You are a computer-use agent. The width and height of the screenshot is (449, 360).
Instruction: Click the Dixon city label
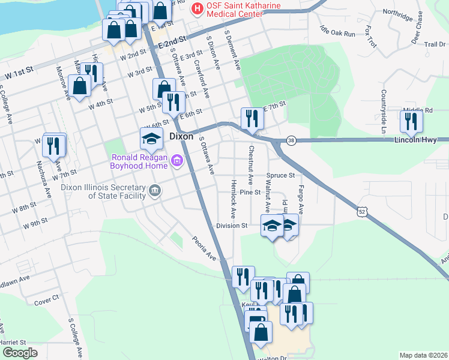[181, 136]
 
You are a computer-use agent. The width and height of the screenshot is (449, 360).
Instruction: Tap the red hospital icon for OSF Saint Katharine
[195, 9]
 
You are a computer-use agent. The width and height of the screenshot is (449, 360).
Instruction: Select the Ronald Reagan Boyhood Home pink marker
[176, 161]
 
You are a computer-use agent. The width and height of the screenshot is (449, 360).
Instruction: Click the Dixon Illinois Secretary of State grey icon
[155, 191]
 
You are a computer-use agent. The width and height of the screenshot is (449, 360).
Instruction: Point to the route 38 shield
[291, 140]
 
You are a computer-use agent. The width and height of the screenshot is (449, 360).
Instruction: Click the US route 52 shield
[361, 212]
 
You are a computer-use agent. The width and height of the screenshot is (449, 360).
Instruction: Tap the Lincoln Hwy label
[421, 140]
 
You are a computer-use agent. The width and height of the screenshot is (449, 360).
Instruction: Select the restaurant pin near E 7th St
[251, 118]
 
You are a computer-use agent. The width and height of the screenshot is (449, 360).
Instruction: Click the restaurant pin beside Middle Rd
[411, 121]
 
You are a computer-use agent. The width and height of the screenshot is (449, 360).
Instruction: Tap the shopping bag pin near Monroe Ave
[79, 85]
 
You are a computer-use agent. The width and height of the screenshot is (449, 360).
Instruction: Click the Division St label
[232, 226]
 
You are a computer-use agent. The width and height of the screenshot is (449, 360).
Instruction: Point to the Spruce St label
[285, 176]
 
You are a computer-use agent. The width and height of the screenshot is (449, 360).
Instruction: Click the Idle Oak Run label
[337, 31]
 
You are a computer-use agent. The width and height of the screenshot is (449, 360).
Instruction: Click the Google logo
[20, 353]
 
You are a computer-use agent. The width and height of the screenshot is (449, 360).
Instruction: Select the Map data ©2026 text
[423, 355]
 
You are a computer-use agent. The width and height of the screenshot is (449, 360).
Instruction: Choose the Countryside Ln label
[382, 112]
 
